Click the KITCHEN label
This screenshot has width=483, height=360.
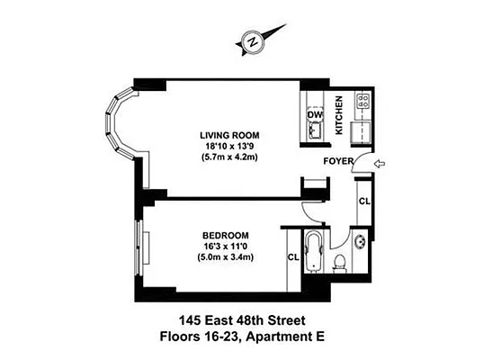[x=339, y=115]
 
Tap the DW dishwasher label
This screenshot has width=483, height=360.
[x=314, y=115]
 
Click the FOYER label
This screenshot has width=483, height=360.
[x=337, y=163]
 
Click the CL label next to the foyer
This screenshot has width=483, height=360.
[x=363, y=202]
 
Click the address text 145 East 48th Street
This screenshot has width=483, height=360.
[x=242, y=320]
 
